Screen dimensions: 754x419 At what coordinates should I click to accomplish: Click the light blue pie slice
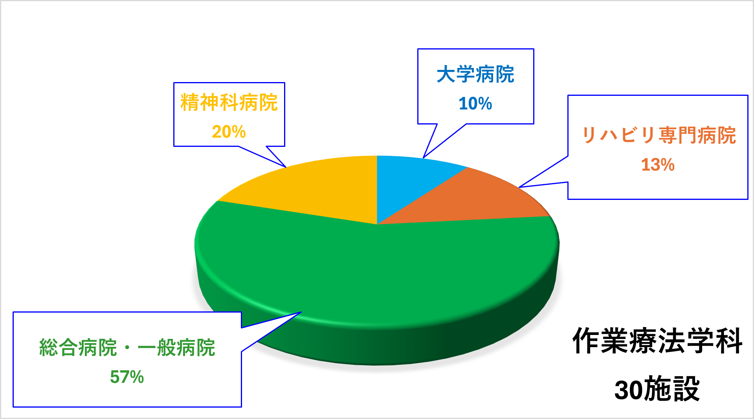(x=409, y=181)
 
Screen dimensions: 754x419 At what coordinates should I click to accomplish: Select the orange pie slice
(x=487, y=200)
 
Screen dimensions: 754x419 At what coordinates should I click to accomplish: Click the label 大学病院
(x=475, y=74)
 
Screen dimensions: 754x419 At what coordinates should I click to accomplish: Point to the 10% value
(x=475, y=104)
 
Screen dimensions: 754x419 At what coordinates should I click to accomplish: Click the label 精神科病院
(x=229, y=102)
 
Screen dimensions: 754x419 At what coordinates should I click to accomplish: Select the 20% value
(x=229, y=132)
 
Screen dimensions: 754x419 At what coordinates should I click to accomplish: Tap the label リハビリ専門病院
(x=658, y=135)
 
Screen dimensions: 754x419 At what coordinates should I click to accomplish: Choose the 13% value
(x=658, y=165)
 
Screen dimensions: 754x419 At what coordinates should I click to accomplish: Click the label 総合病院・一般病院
(x=127, y=348)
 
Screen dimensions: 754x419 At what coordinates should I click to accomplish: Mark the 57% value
(x=127, y=377)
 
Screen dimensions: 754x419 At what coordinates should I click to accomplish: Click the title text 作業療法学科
(x=657, y=341)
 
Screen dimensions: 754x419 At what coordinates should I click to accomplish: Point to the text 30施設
(x=657, y=389)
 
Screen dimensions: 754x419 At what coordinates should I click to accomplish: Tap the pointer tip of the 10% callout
(x=423, y=158)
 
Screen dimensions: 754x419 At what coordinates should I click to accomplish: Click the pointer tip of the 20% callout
(x=286, y=167)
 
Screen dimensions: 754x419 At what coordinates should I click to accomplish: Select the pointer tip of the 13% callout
(x=519, y=187)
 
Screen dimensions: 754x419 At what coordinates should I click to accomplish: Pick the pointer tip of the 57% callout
(x=301, y=312)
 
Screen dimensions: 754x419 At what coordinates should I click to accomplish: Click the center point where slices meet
(x=377, y=225)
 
